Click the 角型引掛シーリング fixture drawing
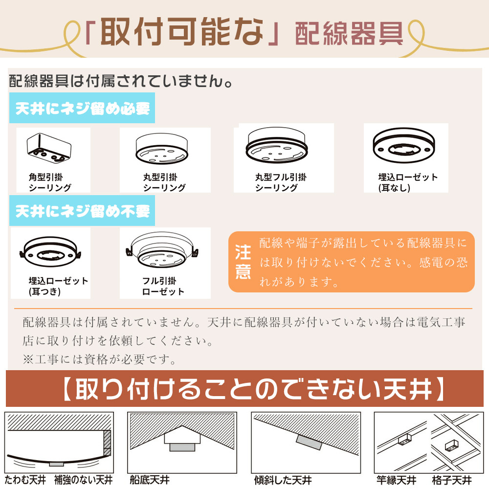49,148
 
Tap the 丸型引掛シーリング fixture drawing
161,149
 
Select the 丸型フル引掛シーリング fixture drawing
277,145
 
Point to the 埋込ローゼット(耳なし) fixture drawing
404,145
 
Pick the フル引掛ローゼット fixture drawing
162,249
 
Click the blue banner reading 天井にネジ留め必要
82,108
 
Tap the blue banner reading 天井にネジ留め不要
82,210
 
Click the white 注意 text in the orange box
243,262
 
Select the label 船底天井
150,480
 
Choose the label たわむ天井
25,480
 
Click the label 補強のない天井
83,480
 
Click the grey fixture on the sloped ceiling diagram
309,442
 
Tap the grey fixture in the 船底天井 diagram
182,447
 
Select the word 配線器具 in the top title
349,34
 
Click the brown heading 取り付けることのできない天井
253,389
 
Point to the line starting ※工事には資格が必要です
100,359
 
